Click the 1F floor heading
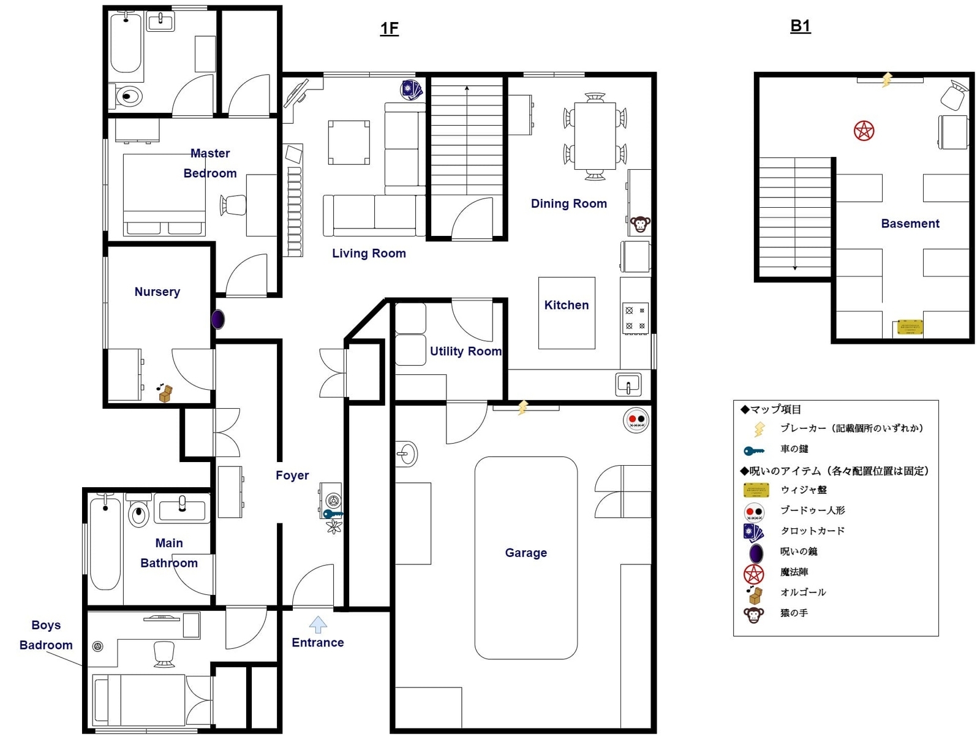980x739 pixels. (389, 29)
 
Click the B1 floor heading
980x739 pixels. (800, 26)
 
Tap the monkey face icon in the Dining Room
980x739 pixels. (640, 224)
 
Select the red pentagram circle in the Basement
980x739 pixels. (864, 131)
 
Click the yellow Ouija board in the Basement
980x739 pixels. (910, 327)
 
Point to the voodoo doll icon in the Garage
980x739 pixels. (636, 420)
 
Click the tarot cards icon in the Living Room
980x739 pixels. (411, 90)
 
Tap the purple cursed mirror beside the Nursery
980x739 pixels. (218, 319)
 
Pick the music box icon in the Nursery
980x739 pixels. (165, 393)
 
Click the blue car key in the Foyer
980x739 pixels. (333, 514)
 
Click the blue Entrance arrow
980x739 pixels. (318, 624)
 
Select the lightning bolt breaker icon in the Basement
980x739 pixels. (886, 80)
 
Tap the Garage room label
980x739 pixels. (526, 553)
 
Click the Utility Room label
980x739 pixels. (466, 351)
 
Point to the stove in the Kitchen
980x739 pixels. (635, 318)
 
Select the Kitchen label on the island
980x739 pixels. (566, 305)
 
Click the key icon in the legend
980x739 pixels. (754, 450)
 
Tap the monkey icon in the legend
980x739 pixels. (753, 614)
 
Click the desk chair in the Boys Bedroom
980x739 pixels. (164, 654)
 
